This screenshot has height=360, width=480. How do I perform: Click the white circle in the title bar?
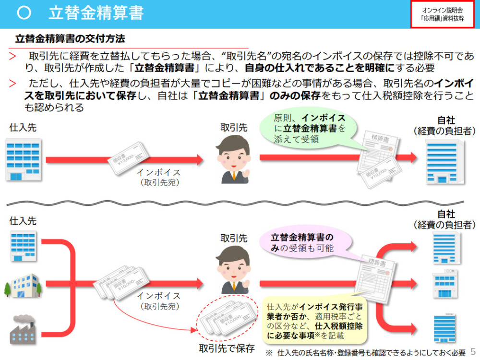[x=24, y=13]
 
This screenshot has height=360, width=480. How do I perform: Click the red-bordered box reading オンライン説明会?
[x=443, y=14]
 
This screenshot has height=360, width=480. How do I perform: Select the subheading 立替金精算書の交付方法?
[x=70, y=38]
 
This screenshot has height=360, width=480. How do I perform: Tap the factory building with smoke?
[x=23, y=329]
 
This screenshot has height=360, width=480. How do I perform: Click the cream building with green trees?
[x=23, y=286]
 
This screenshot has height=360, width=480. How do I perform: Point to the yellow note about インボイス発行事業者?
[x=315, y=321]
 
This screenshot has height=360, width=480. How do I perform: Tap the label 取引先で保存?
[x=227, y=348]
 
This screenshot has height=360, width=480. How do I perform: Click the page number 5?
[x=473, y=351]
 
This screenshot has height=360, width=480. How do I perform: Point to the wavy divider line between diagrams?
[x=235, y=203]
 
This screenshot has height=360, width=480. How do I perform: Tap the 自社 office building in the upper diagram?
[x=445, y=162]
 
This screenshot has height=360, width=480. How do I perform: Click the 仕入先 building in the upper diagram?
[x=24, y=159]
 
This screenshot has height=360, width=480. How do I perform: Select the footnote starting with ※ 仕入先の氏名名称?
[x=366, y=353]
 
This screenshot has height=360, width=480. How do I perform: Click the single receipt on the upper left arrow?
[x=128, y=158]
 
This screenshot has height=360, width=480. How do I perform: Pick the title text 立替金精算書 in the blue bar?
[x=96, y=13]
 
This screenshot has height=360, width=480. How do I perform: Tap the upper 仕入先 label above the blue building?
[x=23, y=127]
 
